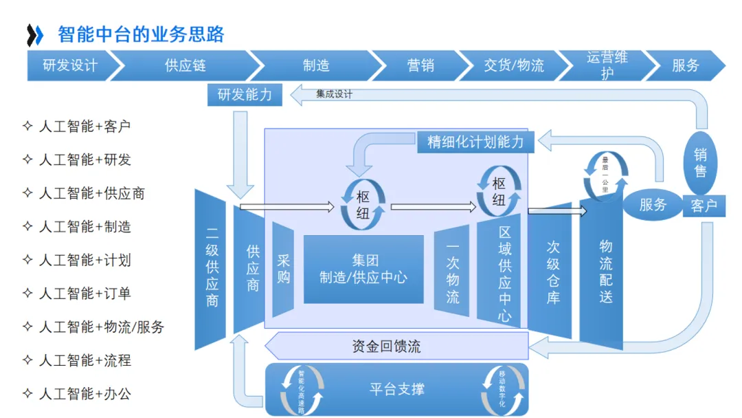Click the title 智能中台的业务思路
(141, 34)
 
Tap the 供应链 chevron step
(185, 65)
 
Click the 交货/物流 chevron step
(513, 65)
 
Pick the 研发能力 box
(245, 95)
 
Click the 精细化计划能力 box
(475, 142)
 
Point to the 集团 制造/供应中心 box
(363, 269)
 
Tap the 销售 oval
(700, 163)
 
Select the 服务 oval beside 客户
(653, 204)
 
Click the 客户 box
(704, 205)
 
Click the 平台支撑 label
(396, 389)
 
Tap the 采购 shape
(283, 269)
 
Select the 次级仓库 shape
(552, 272)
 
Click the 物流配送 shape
(605, 272)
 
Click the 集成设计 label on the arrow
(334, 94)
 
